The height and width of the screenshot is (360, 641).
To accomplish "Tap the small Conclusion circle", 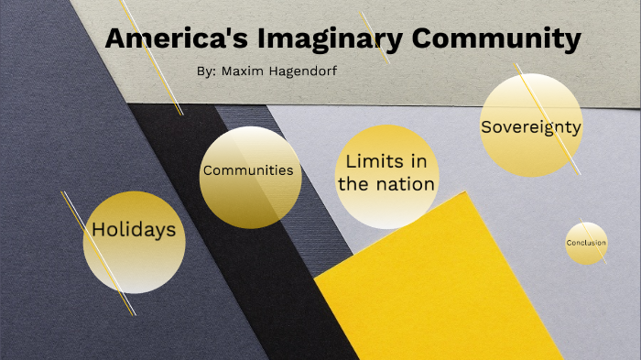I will (586, 243).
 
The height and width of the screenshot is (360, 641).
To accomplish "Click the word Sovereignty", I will (531, 127).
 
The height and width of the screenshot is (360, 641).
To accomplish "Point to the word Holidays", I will (134, 230).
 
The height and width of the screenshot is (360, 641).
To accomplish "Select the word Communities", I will (248, 170).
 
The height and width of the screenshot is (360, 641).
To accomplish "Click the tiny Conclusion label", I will (586, 243).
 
